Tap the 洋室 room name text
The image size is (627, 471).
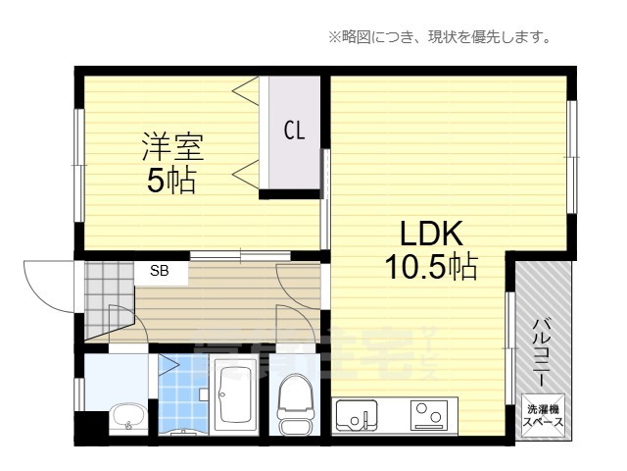171,148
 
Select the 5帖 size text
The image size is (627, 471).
171,181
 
